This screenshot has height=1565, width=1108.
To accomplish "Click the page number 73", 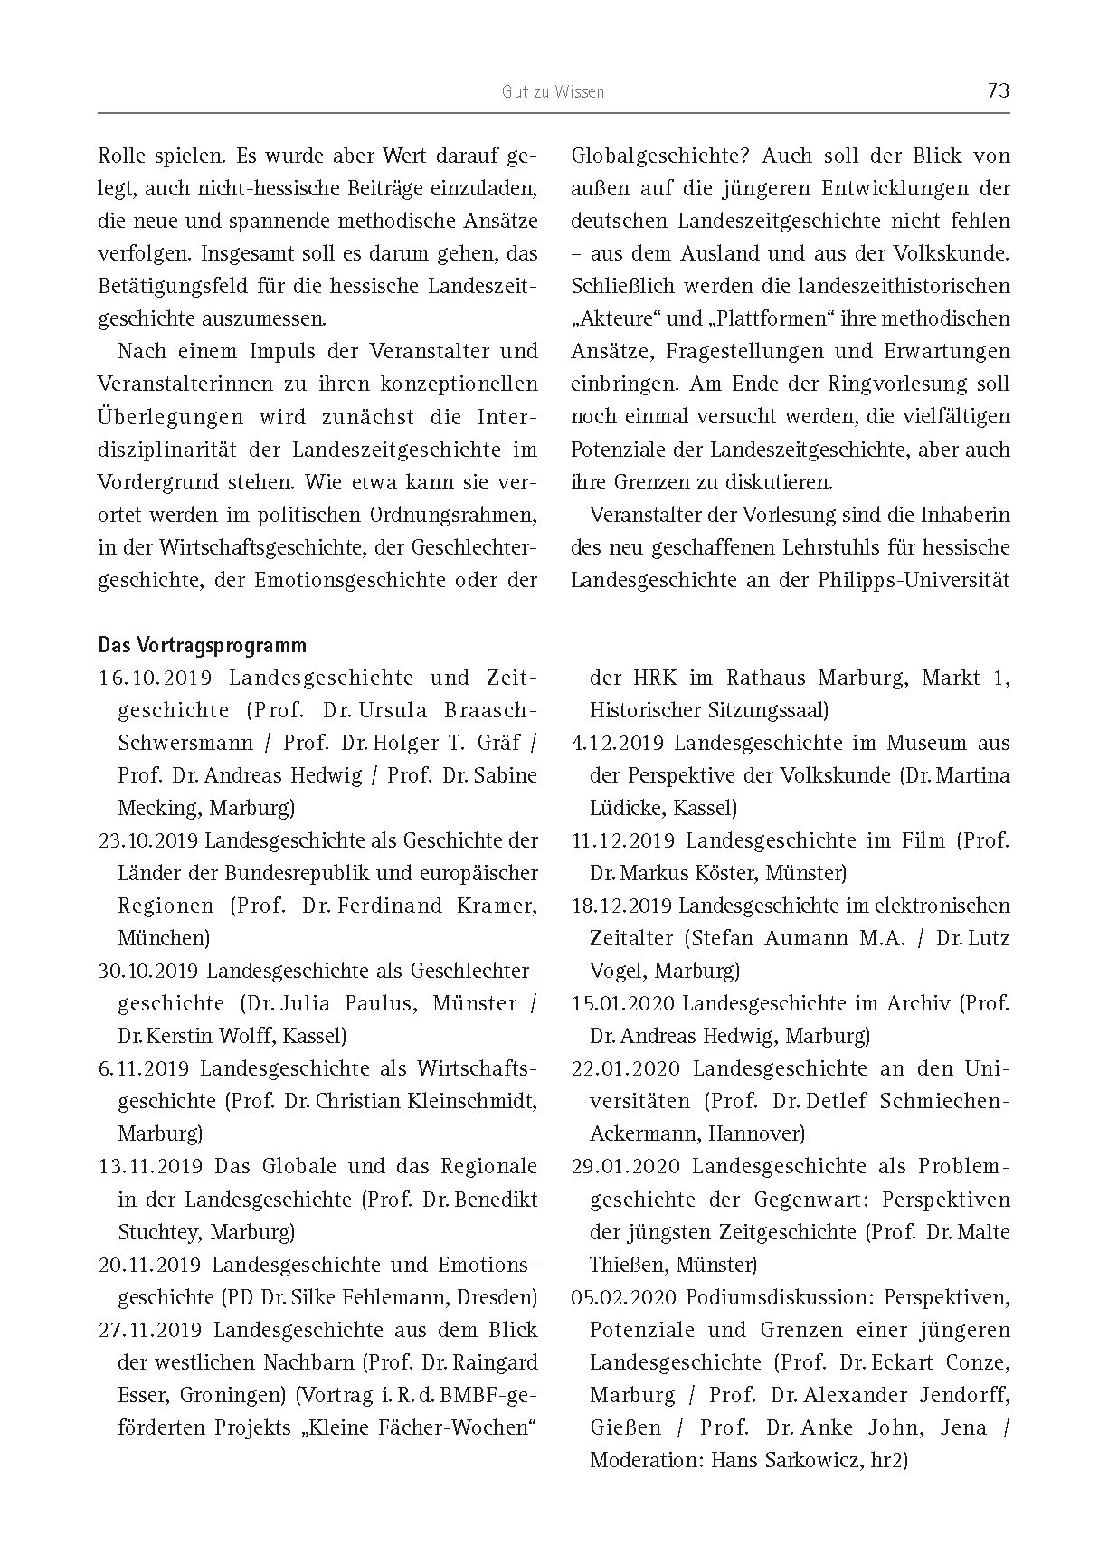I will click(x=999, y=90).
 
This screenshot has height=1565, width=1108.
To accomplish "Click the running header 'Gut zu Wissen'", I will click(x=553, y=91).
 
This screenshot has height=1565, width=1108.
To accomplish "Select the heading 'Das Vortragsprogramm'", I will click(x=202, y=646).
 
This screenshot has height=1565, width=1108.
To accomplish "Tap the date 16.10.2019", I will click(x=155, y=678).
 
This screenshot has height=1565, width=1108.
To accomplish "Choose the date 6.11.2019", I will click(x=144, y=1069).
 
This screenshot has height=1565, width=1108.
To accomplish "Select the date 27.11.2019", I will click(x=150, y=1330).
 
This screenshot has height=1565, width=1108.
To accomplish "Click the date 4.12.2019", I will click(x=619, y=744).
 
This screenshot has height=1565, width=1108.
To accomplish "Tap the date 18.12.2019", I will click(x=621, y=906).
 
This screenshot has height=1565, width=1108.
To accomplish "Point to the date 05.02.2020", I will click(x=625, y=1297).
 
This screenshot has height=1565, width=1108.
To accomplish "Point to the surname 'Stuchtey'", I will click(x=156, y=1232).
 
